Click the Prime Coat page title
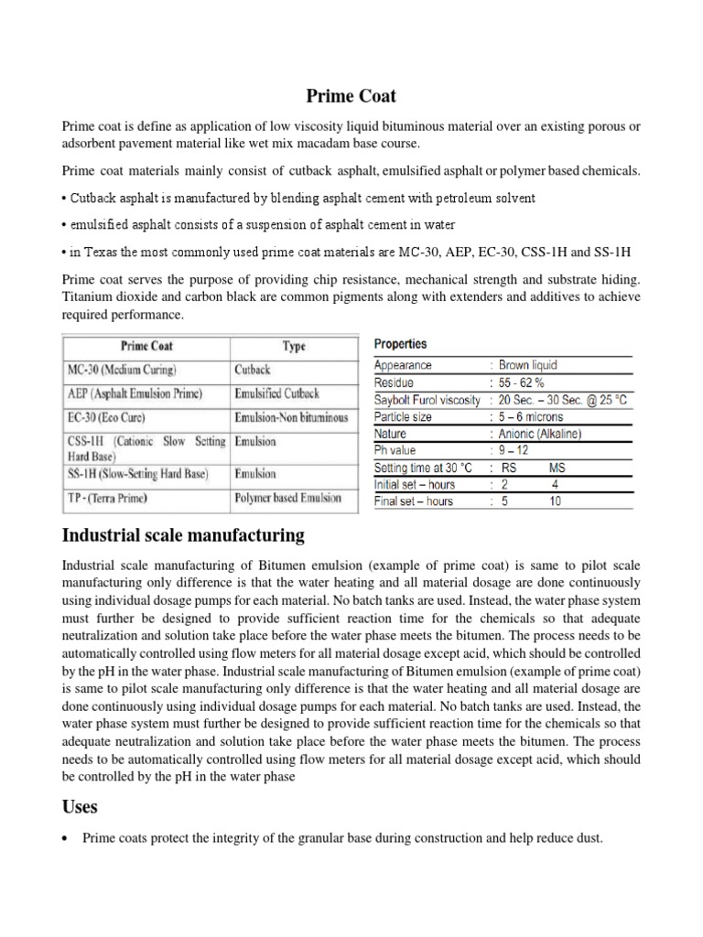coord(351,95)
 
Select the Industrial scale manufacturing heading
coord(182,534)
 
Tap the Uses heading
coord(81,808)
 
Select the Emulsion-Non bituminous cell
coord(291,417)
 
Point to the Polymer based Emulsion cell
coord(288,498)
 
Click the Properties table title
coord(400,344)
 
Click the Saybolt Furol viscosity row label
coord(427,400)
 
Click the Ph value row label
coord(395,450)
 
